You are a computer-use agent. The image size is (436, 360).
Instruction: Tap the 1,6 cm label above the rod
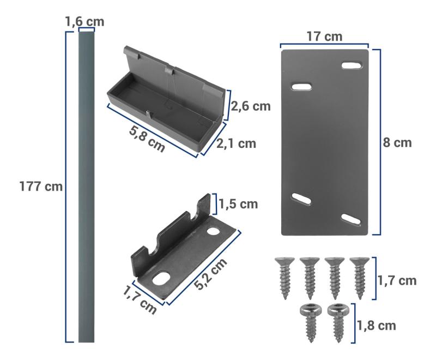click(x=84, y=22)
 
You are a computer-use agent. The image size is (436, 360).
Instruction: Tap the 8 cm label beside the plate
click(x=397, y=143)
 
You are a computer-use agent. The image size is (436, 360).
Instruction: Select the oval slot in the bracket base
click(x=162, y=280)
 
